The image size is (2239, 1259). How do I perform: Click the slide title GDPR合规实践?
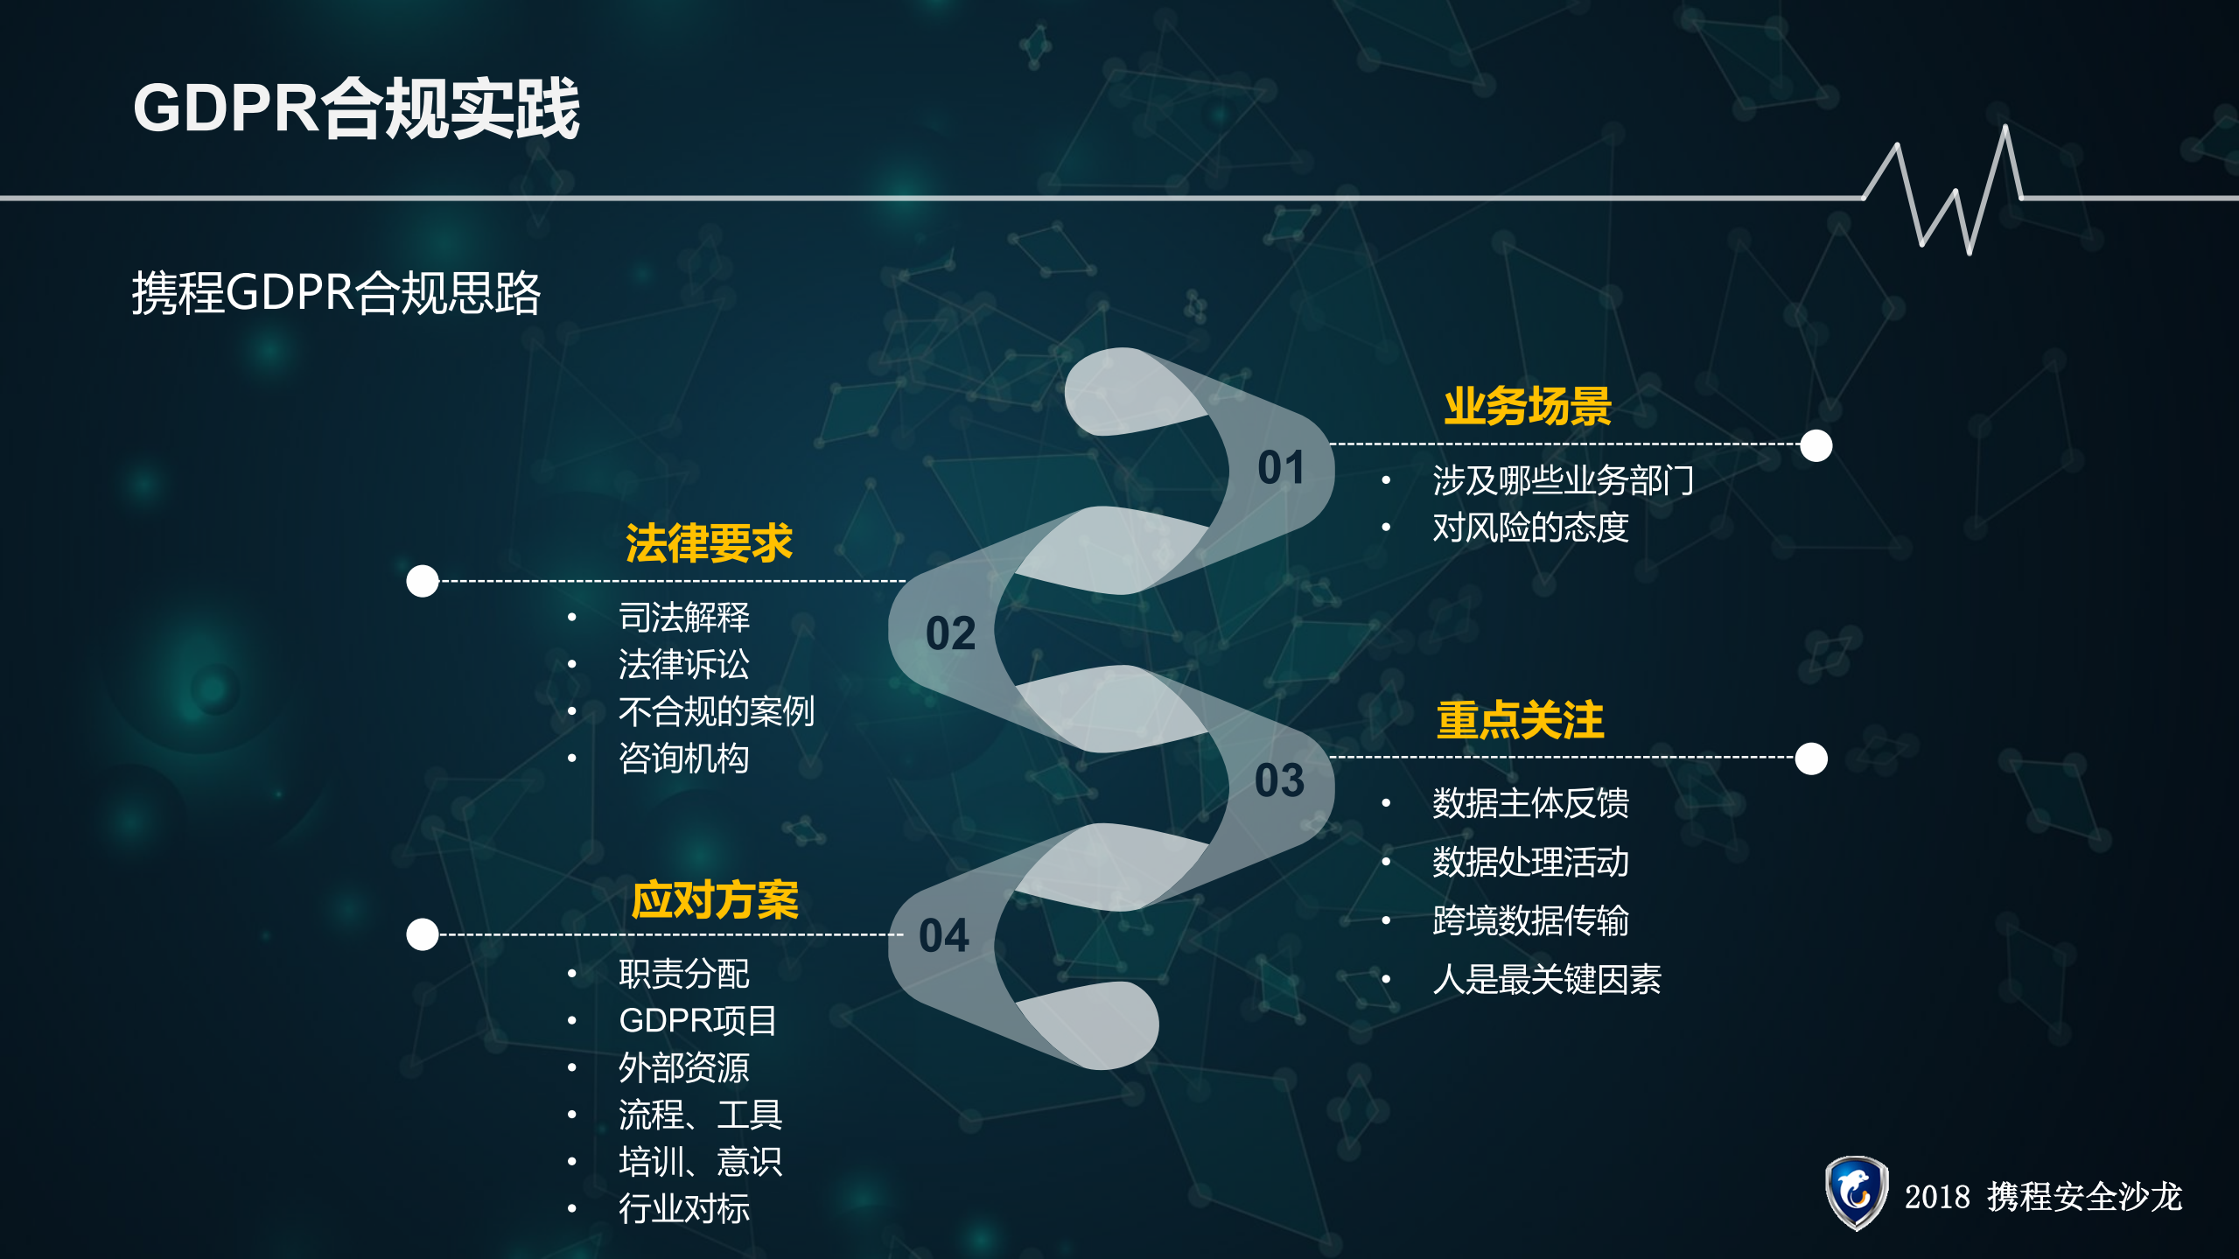(356, 108)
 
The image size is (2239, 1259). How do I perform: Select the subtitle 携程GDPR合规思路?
(336, 292)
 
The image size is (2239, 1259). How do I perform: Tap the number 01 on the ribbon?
(1281, 468)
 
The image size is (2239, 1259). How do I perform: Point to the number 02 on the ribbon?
(950, 633)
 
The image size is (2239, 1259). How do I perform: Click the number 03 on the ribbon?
(1279, 780)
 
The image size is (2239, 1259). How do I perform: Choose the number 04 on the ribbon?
(944, 935)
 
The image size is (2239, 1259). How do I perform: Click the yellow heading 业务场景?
(1527, 407)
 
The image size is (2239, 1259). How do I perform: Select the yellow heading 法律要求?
(709, 543)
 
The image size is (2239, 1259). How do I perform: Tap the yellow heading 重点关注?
(1520, 721)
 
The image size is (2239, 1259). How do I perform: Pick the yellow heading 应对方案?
(715, 900)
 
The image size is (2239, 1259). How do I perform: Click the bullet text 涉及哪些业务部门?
(1563, 480)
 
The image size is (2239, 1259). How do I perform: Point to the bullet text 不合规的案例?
(716, 711)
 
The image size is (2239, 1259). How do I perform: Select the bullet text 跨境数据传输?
(1530, 920)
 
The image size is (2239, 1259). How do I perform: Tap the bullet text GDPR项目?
(697, 1020)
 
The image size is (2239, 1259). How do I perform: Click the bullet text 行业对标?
(683, 1208)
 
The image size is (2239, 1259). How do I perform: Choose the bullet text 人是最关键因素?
(1546, 979)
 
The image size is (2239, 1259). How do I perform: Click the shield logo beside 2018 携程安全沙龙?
(1856, 1193)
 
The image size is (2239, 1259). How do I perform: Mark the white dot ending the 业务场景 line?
(1816, 445)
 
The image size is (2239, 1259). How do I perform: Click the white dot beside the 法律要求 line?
(423, 581)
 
